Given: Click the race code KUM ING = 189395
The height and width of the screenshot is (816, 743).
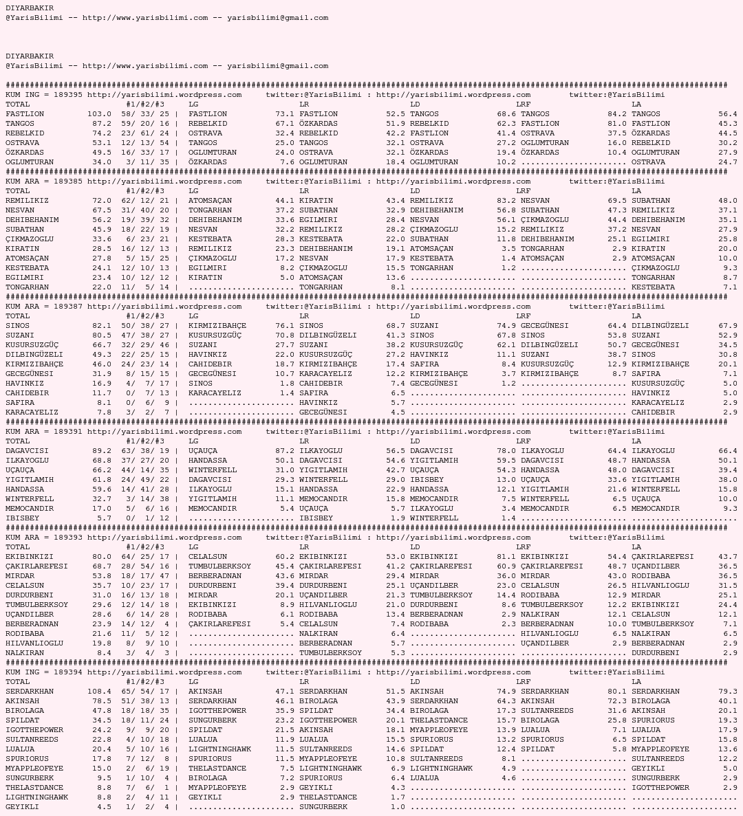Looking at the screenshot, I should coord(44,95).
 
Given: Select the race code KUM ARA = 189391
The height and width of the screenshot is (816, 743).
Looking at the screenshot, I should coord(44,432).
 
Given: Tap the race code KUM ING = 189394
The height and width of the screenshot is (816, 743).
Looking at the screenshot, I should coord(44,672).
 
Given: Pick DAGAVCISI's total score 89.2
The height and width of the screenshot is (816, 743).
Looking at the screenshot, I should coord(101,451).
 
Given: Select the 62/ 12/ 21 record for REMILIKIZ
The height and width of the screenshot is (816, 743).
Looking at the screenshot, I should coord(144,201).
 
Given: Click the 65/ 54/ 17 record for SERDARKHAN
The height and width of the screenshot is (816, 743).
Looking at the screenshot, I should coord(144,692).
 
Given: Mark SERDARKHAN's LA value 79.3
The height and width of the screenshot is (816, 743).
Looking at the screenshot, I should coord(728,692).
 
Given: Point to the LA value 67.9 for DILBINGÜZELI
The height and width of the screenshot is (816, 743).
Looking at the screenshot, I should coord(728,326).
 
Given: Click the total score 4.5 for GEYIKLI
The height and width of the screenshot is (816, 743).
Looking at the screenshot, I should coord(104,807).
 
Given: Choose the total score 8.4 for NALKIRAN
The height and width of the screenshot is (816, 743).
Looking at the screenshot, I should coord(104,653).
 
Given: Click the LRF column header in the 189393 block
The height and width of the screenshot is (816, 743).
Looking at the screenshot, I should coord(523,547).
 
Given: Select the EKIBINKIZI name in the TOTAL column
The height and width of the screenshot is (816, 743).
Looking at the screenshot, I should coord(30,557).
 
